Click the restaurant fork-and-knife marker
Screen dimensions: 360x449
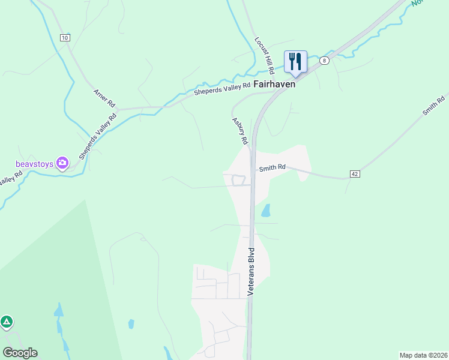(295, 62)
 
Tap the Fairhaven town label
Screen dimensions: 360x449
(274, 85)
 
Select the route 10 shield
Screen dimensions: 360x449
(65, 37)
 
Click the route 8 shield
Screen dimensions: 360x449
(324, 60)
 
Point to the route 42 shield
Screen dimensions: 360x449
(355, 174)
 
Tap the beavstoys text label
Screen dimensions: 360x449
(35, 163)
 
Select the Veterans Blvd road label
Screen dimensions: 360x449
(252, 271)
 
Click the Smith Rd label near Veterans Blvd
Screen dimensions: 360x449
(272, 169)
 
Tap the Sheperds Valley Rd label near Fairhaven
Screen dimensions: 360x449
(221, 89)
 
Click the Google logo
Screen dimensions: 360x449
(20, 353)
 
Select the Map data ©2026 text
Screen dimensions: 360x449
(423, 355)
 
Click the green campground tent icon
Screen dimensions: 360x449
(7, 322)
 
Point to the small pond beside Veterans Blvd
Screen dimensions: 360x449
(265, 211)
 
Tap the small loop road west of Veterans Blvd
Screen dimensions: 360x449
(239, 180)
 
